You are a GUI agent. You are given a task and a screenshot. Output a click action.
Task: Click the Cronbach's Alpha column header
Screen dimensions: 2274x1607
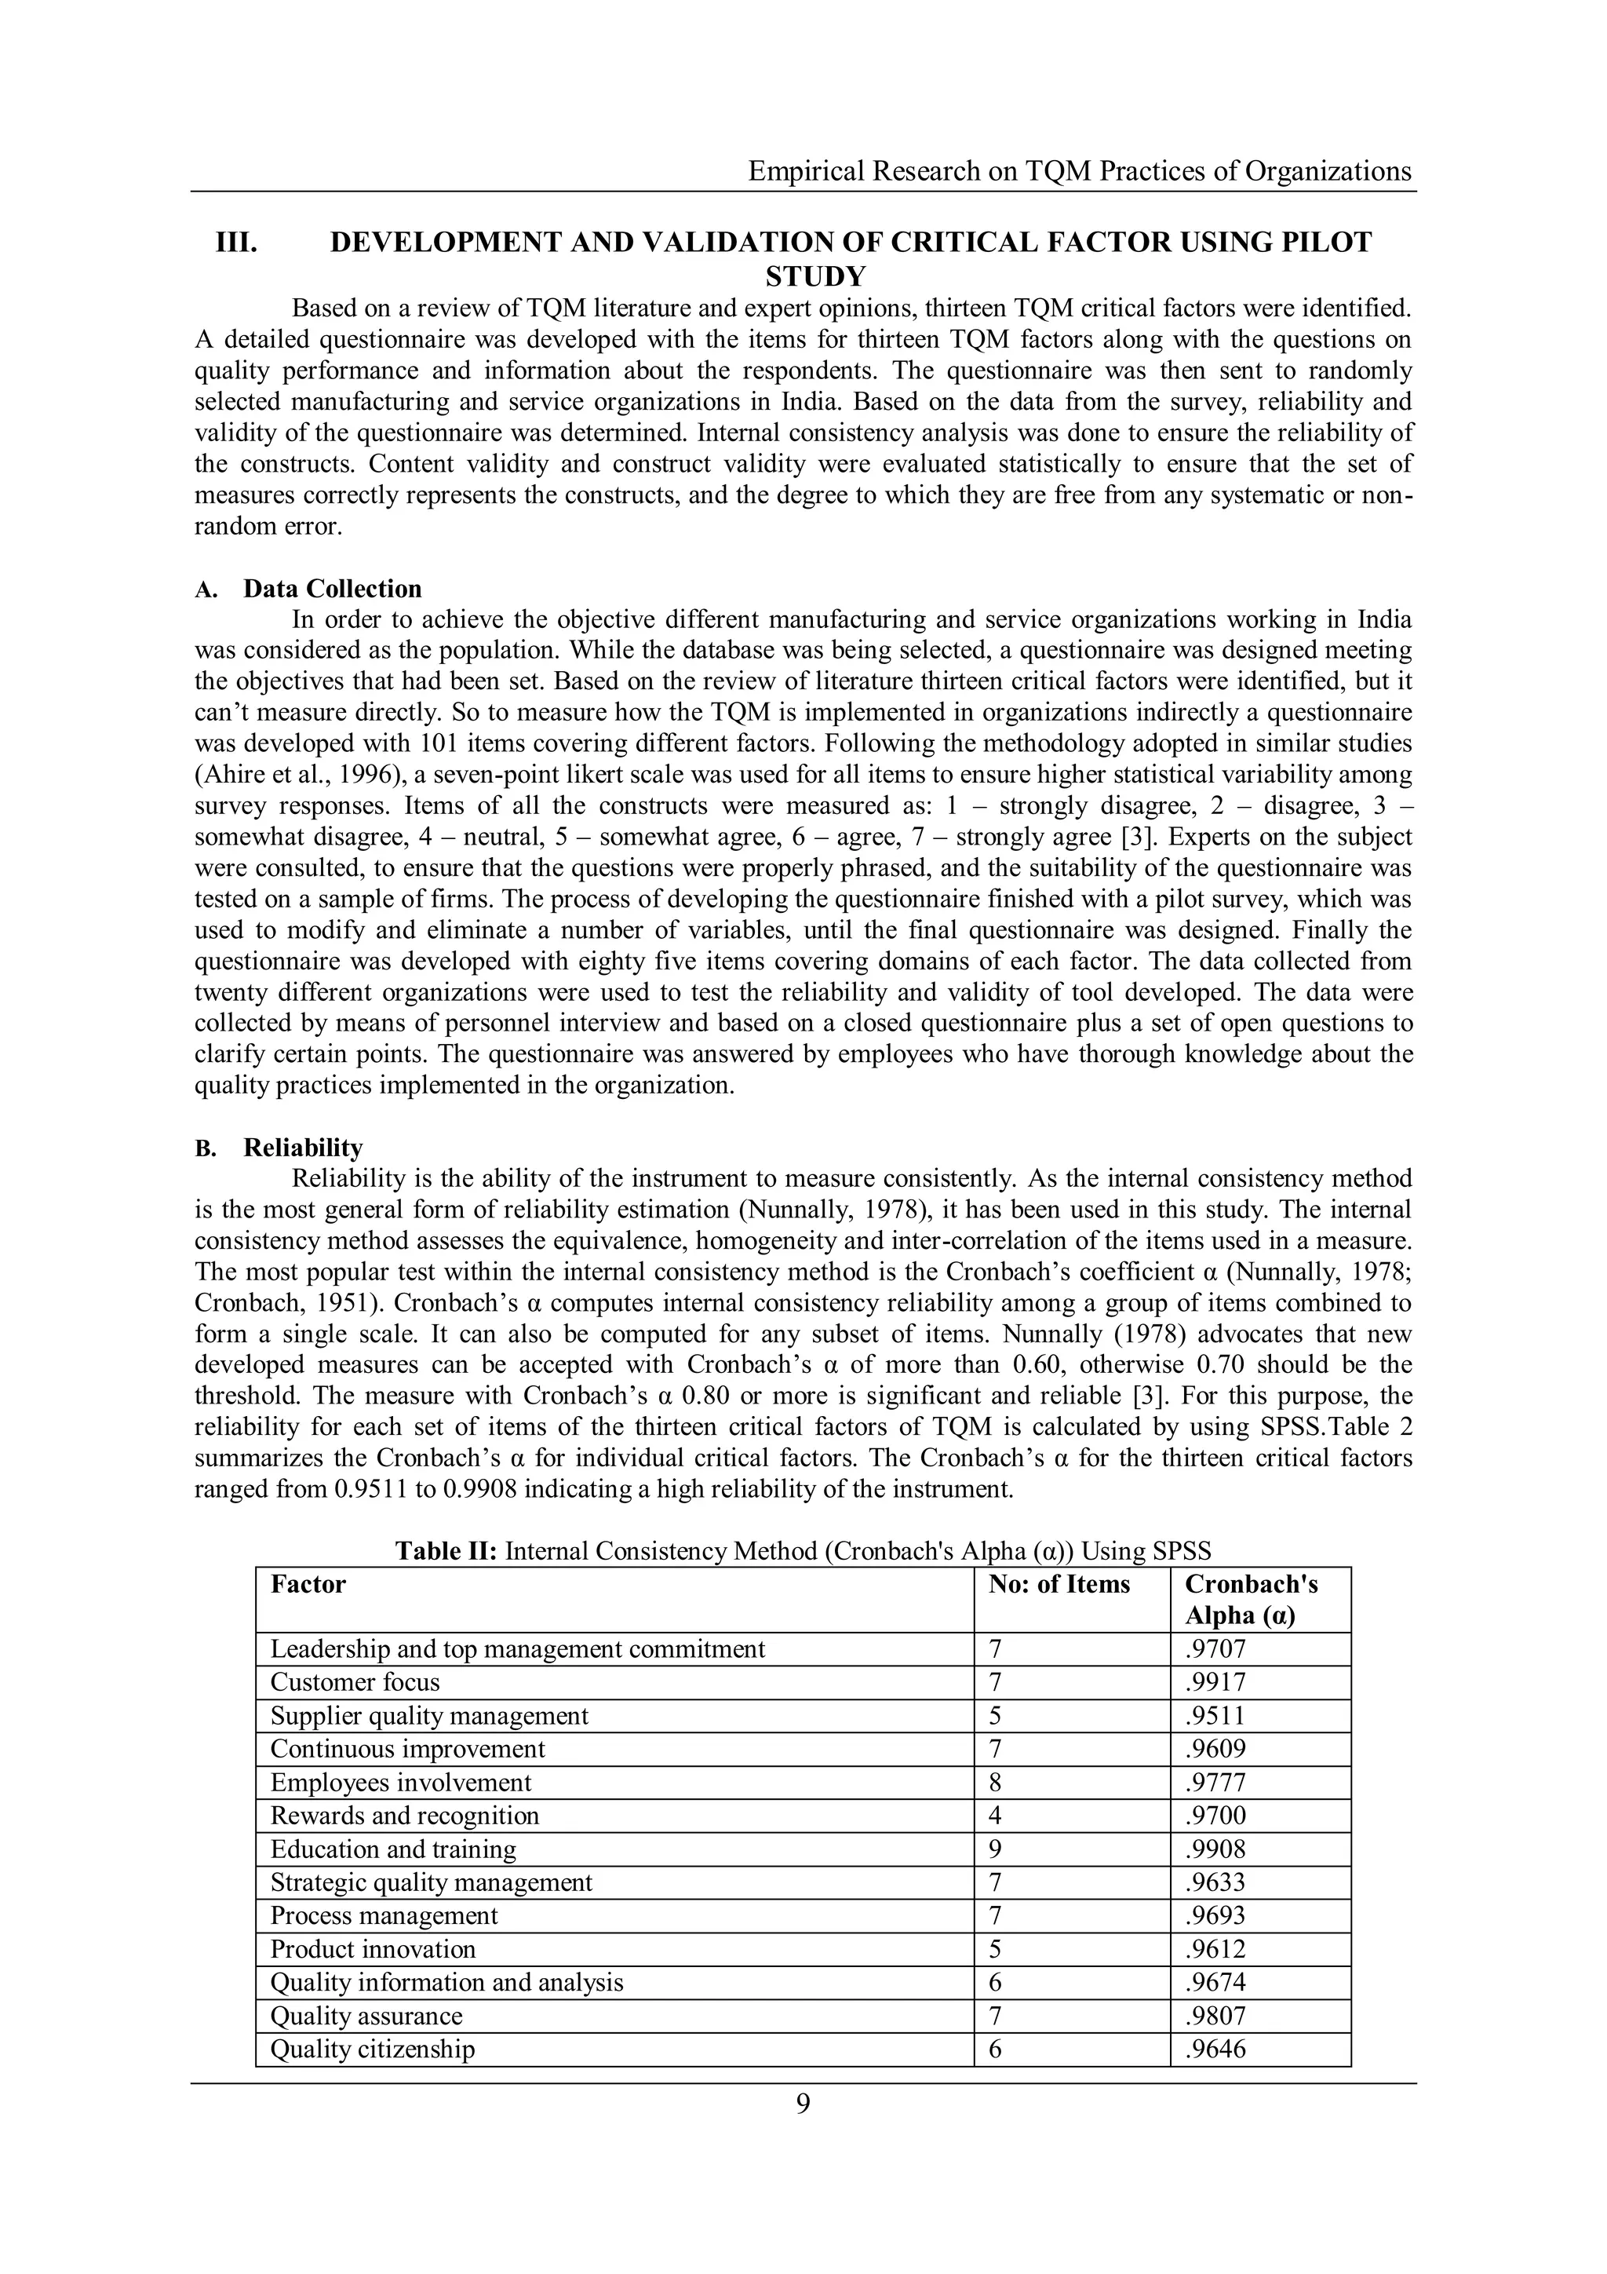point(1251,1600)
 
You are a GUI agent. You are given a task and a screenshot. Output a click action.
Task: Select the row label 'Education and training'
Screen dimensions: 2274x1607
point(393,1849)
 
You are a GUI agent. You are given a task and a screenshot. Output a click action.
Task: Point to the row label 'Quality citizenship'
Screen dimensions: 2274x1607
point(372,2050)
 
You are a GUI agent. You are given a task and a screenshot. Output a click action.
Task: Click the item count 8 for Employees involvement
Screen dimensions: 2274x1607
point(995,1783)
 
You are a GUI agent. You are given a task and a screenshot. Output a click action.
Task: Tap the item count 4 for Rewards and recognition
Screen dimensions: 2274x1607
point(995,1816)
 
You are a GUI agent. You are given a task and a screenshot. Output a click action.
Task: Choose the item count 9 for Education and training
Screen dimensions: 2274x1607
point(995,1849)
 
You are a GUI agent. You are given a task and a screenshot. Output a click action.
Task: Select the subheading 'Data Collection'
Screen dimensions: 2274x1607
point(333,589)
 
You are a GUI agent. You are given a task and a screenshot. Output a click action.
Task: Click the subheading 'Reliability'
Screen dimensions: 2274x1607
point(303,1148)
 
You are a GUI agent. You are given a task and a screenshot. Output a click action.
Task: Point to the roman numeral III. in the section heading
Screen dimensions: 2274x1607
point(237,243)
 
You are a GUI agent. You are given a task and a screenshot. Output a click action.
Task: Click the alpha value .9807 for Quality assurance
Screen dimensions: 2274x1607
point(1215,2016)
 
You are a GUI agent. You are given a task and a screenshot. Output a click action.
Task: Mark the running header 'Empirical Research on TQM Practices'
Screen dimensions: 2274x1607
point(1079,171)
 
